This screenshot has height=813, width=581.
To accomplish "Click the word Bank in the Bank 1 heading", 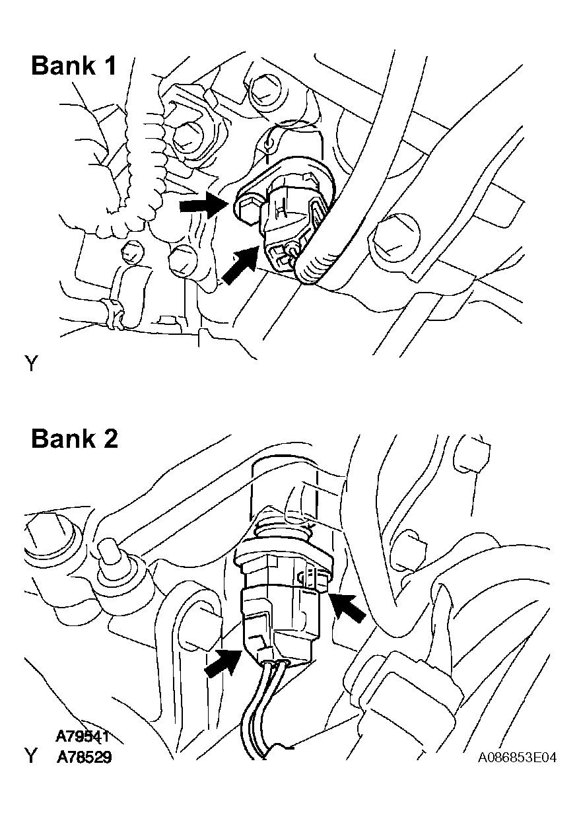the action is click(x=63, y=65).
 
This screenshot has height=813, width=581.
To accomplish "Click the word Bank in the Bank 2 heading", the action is click(x=63, y=439).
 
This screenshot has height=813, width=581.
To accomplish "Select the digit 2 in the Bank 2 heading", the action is click(x=110, y=439).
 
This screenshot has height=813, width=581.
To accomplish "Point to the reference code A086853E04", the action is click(x=517, y=758).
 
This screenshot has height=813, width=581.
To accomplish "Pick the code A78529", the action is click(x=84, y=758).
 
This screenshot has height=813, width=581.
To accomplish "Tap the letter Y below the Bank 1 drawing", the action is click(x=32, y=363).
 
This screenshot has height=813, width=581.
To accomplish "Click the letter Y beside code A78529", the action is click(x=32, y=758).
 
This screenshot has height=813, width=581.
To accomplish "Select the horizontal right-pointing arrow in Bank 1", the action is click(x=204, y=205).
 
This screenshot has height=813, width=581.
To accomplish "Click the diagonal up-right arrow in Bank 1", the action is click(x=240, y=265).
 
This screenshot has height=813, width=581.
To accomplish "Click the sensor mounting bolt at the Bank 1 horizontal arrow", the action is click(x=247, y=211).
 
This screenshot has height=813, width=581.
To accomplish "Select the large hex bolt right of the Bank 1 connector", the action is click(x=394, y=238).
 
